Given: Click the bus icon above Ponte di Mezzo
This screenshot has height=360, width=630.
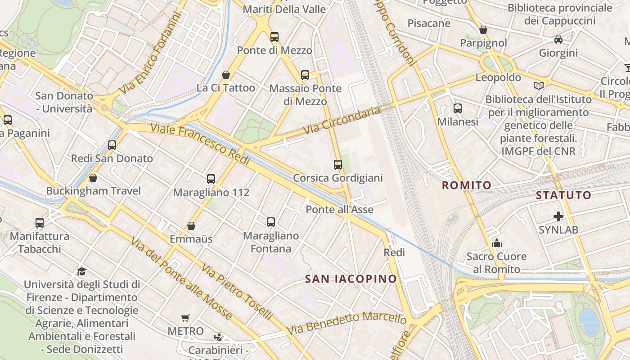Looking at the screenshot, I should click(274, 37).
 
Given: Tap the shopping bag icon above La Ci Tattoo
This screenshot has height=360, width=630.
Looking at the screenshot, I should click(226, 74).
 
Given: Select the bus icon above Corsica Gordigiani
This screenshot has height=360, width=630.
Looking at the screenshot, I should click(338, 165).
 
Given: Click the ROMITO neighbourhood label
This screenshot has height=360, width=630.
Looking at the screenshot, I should click(467, 185).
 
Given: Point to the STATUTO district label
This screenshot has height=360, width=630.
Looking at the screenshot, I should click(563, 195).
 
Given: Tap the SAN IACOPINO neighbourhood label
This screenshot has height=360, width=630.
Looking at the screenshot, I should click(351, 279).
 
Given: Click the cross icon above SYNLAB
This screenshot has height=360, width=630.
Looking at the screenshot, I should click(558, 216).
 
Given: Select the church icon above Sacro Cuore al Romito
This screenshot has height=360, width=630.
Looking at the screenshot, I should click(497, 243).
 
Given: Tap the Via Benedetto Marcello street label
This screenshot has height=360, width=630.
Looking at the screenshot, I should click(346, 322).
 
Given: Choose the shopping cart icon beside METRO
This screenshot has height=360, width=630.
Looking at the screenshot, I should click(185, 318).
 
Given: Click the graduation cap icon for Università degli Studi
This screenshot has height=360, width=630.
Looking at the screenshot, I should click(81, 271).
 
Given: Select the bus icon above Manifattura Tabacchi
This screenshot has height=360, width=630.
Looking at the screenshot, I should click(40, 222).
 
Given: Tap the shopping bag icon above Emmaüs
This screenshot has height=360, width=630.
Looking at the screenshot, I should click(191, 225).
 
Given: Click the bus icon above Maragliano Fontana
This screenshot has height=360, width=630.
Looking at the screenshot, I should click(271, 222).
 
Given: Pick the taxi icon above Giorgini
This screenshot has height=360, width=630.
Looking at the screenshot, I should click(558, 40).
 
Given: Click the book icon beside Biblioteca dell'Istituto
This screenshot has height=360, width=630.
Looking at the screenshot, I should click(538, 85).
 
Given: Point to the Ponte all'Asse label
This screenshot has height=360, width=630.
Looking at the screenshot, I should click(340, 209).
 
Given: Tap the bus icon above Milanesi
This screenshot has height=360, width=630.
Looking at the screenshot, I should click(458, 108).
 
